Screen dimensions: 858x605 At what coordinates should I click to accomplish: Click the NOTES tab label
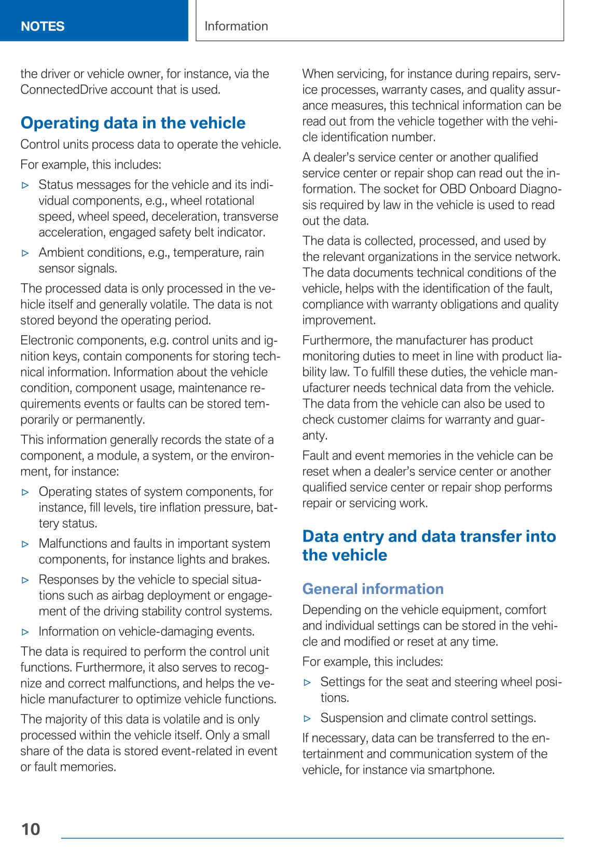click(43, 26)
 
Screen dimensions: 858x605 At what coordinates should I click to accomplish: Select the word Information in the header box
click(236, 26)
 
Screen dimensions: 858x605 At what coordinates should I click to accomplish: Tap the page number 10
click(31, 829)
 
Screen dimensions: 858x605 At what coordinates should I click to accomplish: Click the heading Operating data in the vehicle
click(133, 123)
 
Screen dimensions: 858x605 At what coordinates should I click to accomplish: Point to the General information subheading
click(373, 589)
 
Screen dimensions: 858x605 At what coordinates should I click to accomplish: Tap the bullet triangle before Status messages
click(25, 185)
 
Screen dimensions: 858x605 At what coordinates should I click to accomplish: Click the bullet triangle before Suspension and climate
click(307, 718)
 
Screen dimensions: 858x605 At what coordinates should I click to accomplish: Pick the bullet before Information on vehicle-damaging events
click(25, 632)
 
